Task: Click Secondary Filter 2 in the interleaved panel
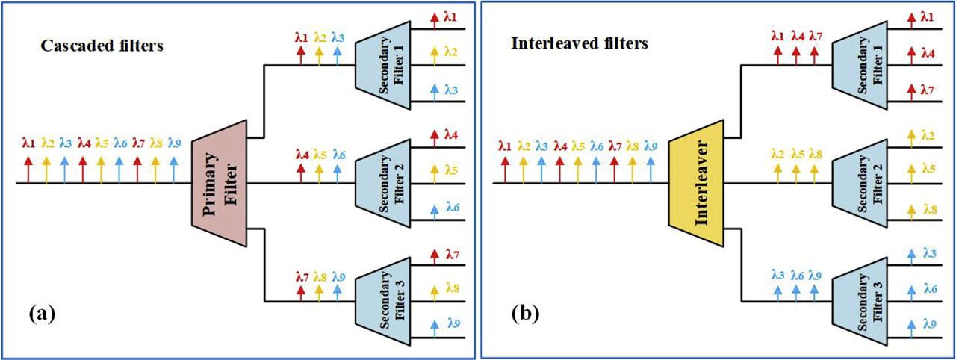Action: click(858, 182)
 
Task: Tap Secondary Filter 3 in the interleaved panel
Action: click(858, 300)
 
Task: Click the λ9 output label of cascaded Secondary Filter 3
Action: click(454, 323)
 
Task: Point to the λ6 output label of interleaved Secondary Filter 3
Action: click(930, 288)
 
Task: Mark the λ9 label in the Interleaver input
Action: click(651, 145)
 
